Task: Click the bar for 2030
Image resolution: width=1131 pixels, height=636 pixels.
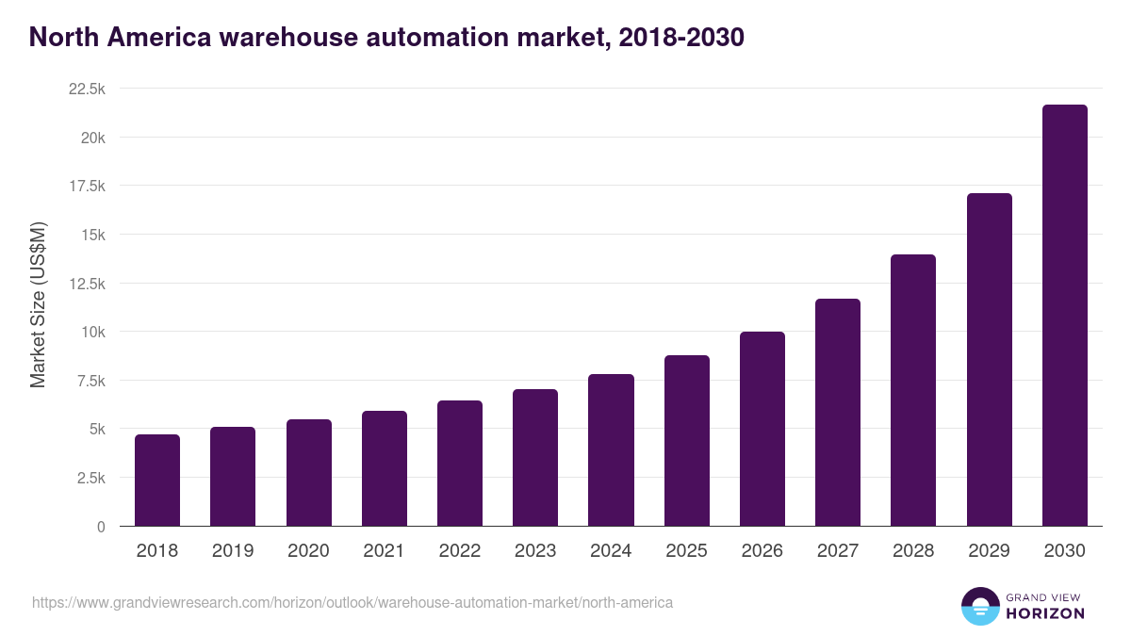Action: tap(1064, 316)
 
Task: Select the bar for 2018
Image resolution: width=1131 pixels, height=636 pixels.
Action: tap(157, 481)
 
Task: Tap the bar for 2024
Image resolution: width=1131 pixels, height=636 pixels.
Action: tap(611, 450)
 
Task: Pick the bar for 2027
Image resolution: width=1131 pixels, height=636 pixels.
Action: tap(838, 413)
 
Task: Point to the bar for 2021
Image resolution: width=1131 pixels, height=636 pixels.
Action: tap(385, 468)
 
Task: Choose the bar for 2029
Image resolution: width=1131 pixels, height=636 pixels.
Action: tap(989, 360)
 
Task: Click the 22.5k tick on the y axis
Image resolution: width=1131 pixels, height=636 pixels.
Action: tap(87, 89)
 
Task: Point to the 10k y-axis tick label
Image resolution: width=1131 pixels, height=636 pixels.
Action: tap(92, 332)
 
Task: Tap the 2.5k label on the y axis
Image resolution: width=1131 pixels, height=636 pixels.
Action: tap(90, 478)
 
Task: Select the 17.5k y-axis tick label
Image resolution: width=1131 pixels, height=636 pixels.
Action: tap(87, 186)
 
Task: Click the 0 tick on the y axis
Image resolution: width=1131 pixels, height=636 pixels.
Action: tap(100, 527)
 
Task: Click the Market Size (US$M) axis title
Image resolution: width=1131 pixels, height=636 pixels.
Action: tap(38, 304)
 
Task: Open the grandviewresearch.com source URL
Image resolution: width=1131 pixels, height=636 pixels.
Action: tap(352, 602)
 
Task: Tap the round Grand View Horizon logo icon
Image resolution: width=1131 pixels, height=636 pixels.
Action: tap(979, 606)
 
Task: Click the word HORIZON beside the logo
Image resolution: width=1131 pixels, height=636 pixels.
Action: tap(1045, 613)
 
